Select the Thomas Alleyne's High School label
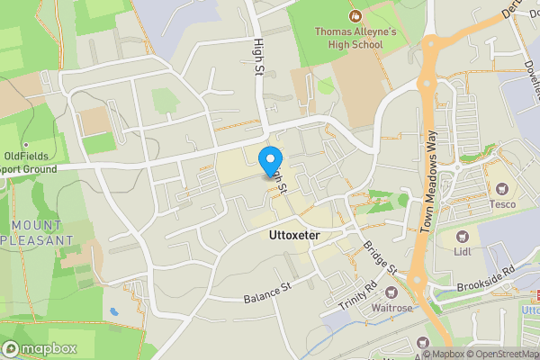(355, 37)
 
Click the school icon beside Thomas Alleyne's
(355, 15)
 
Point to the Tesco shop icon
(500, 189)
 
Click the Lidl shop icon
(463, 236)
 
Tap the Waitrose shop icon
(391, 292)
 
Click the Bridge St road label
(381, 256)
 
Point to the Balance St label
(269, 293)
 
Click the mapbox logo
(39, 348)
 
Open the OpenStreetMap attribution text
(491, 354)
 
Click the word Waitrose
(391, 309)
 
